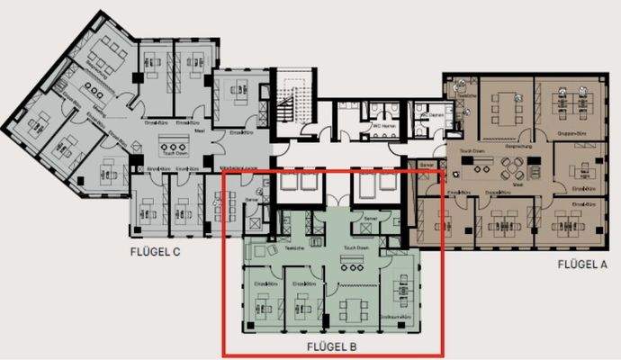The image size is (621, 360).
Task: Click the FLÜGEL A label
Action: click(x=581, y=264)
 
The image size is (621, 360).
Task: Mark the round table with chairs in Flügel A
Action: click(x=517, y=168)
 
